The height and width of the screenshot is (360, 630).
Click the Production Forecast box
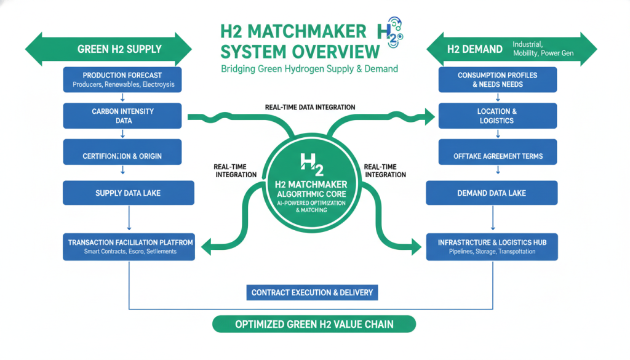click(x=123, y=79)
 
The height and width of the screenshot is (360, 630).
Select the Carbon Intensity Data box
click(x=123, y=116)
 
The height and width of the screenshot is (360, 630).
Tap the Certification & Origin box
click(x=123, y=156)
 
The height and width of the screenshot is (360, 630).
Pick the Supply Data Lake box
click(x=128, y=193)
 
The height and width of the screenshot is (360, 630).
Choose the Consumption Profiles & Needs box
click(x=497, y=79)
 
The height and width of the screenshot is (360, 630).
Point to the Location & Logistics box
click(x=497, y=116)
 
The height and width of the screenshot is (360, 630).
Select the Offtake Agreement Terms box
click(x=497, y=156)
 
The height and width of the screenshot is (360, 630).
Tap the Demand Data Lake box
click(x=492, y=193)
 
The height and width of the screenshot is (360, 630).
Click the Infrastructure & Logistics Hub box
click(x=492, y=246)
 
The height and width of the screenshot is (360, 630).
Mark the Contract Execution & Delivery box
click(x=312, y=292)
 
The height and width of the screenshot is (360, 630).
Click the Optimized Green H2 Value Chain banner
click(x=314, y=324)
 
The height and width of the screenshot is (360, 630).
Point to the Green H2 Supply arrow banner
click(x=111, y=49)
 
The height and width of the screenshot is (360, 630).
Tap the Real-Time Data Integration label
click(x=310, y=107)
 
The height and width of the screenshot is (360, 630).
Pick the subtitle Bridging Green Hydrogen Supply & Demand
click(x=309, y=68)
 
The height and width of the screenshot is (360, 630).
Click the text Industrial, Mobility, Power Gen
click(x=543, y=49)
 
